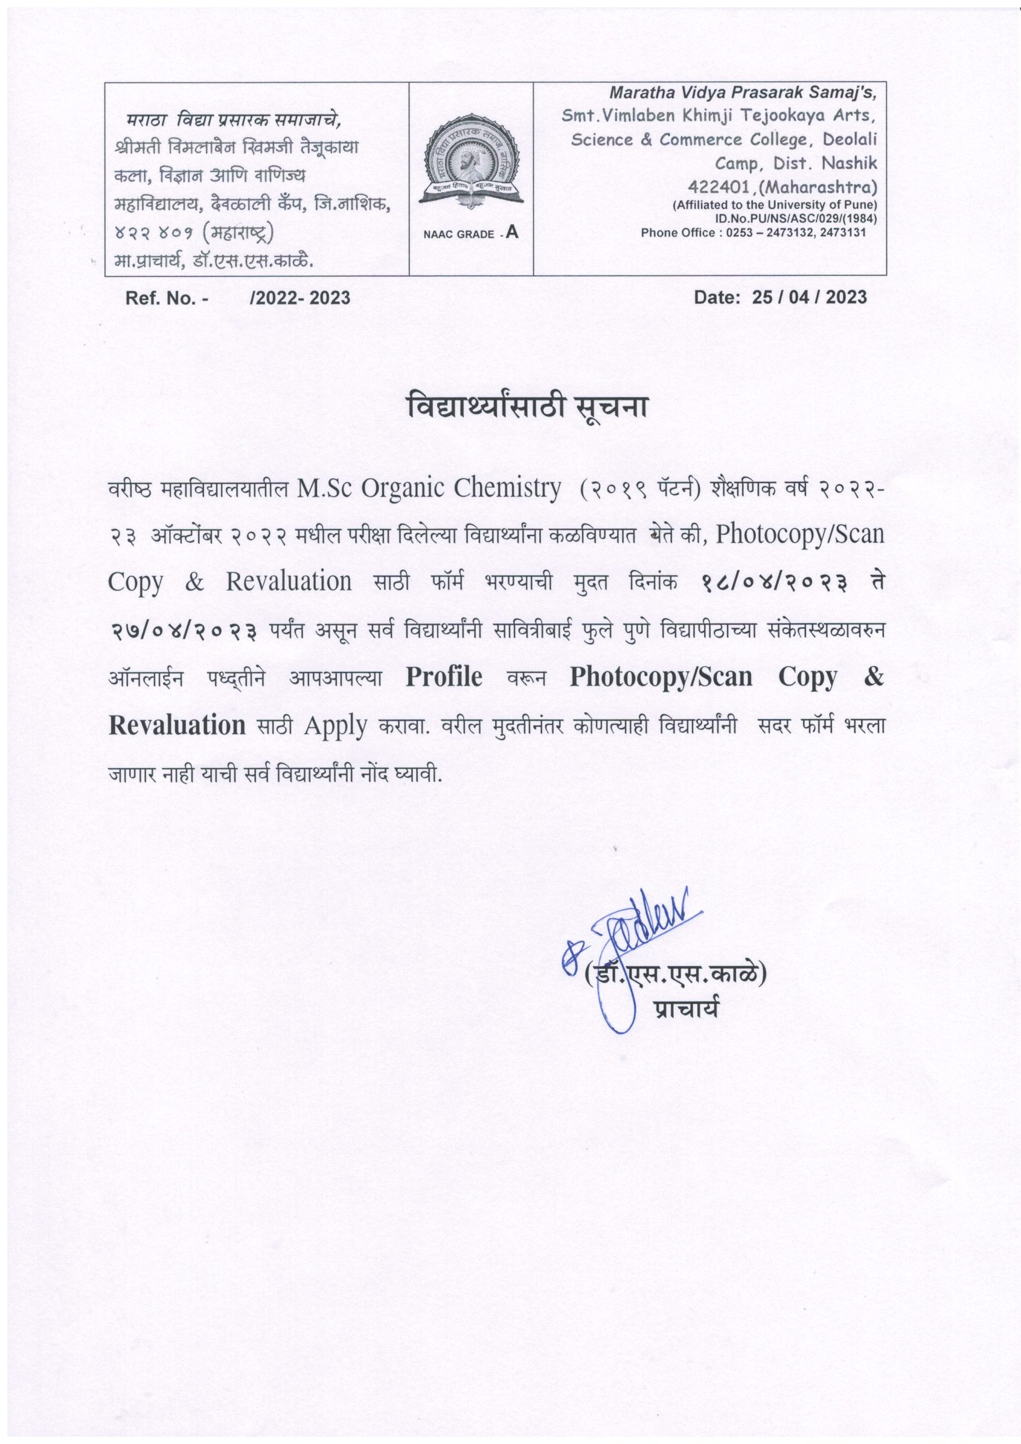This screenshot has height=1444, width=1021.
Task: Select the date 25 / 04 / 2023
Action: [809, 297]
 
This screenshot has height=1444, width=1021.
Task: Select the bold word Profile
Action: [444, 677]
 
